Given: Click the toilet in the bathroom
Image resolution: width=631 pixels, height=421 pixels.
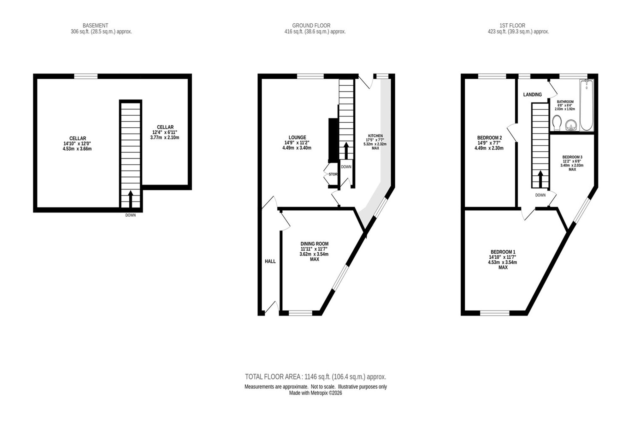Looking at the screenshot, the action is (557, 123).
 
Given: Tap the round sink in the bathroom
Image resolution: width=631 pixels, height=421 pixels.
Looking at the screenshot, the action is (571, 125).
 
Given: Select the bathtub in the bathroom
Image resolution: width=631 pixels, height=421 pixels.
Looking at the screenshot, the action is (587, 105).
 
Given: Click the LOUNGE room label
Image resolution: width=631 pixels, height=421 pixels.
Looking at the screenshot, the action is (297, 137).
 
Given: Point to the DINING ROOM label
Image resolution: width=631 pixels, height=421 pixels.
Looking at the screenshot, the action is (314, 244).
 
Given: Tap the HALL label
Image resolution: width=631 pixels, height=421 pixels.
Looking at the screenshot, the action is (270, 261).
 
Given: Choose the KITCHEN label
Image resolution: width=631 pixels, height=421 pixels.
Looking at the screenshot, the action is (375, 136).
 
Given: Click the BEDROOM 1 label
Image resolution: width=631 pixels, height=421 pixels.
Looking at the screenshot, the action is (503, 252).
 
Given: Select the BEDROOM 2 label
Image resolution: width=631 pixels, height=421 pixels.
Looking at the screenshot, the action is (489, 138).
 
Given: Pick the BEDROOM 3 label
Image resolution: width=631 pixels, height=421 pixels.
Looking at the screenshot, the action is (572, 157).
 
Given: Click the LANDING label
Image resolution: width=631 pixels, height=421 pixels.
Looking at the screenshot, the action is (533, 94).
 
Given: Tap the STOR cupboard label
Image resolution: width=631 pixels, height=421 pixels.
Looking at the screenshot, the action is (333, 174).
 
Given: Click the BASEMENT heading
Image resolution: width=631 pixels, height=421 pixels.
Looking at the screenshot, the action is (95, 26).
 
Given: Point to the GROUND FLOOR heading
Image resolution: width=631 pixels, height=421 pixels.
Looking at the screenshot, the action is (311, 26).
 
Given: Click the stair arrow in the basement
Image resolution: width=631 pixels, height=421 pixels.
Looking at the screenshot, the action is (130, 199).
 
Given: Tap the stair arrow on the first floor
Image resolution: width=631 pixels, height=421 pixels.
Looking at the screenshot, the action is (540, 179).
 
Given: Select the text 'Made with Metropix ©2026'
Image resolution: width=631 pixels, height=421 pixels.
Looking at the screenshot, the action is (315, 393).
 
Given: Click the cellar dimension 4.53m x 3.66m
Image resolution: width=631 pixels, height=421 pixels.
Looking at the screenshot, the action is (77, 149).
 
